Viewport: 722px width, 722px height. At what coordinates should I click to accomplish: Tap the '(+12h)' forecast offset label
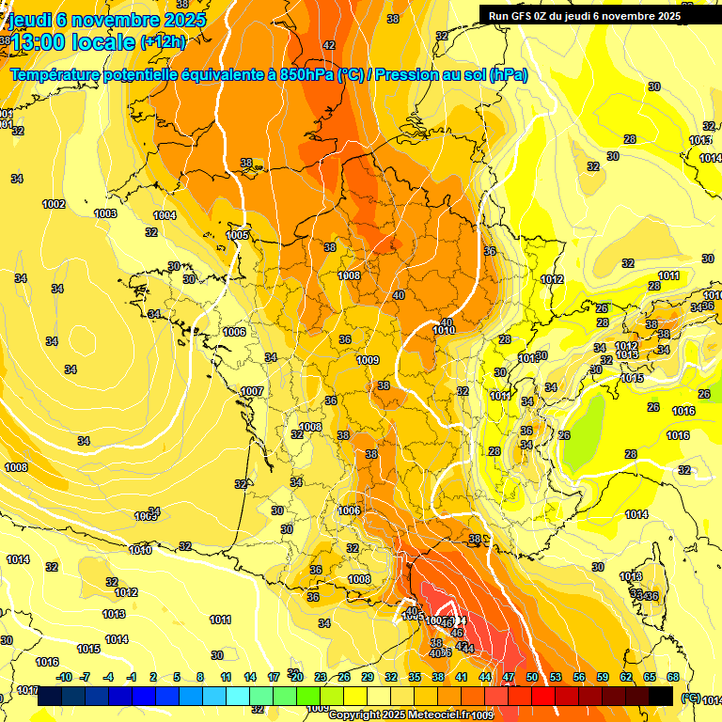click(163, 41)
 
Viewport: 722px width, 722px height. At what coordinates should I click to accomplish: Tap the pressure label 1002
click(54, 204)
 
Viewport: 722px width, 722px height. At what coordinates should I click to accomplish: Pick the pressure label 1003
click(105, 213)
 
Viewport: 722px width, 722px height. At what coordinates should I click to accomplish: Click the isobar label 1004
click(165, 215)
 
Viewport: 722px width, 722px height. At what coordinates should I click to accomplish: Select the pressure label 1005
click(238, 235)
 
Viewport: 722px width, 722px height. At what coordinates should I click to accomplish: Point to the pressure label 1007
click(252, 391)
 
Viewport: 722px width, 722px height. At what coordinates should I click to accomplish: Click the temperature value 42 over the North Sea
click(329, 45)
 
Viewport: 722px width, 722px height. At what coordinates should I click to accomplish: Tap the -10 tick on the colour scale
click(64, 677)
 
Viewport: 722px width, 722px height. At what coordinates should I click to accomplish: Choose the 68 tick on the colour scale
click(673, 677)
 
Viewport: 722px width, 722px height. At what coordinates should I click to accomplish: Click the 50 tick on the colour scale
click(532, 677)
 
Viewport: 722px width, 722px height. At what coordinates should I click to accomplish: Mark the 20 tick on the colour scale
click(296, 677)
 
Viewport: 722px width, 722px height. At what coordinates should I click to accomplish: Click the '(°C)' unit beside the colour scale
click(690, 697)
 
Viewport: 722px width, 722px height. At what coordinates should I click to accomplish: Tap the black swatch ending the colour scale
click(661, 696)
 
